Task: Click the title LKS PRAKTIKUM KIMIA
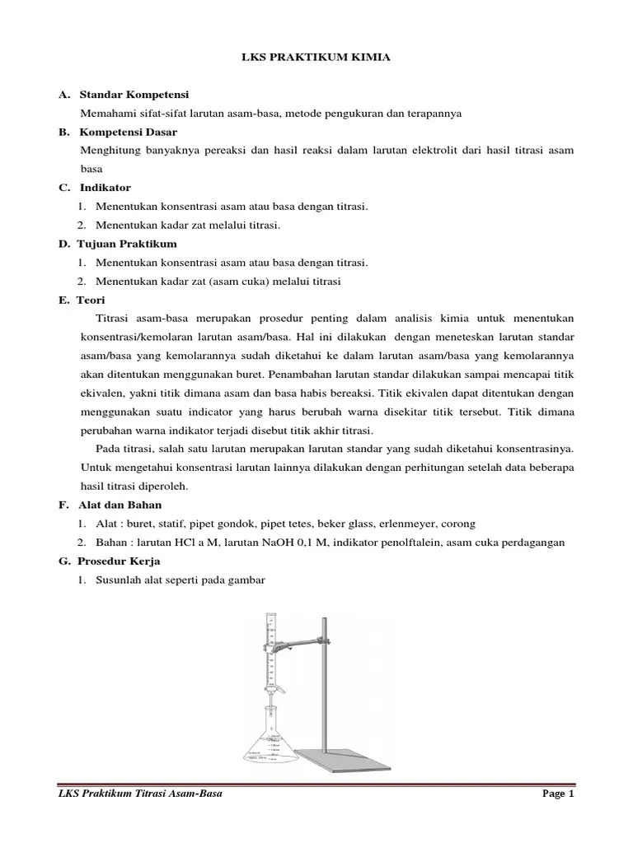316,60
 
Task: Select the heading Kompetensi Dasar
128,132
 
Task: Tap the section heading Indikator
105,188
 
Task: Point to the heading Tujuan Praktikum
127,244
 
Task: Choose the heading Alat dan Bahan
120,505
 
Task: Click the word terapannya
430,114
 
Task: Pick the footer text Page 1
558,794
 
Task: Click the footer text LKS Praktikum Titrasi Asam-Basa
141,794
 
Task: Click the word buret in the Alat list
146,524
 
